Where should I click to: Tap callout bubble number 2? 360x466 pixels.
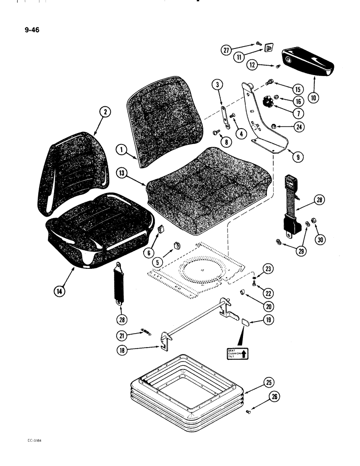[106, 112]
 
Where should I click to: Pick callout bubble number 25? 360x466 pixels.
[267, 384]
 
